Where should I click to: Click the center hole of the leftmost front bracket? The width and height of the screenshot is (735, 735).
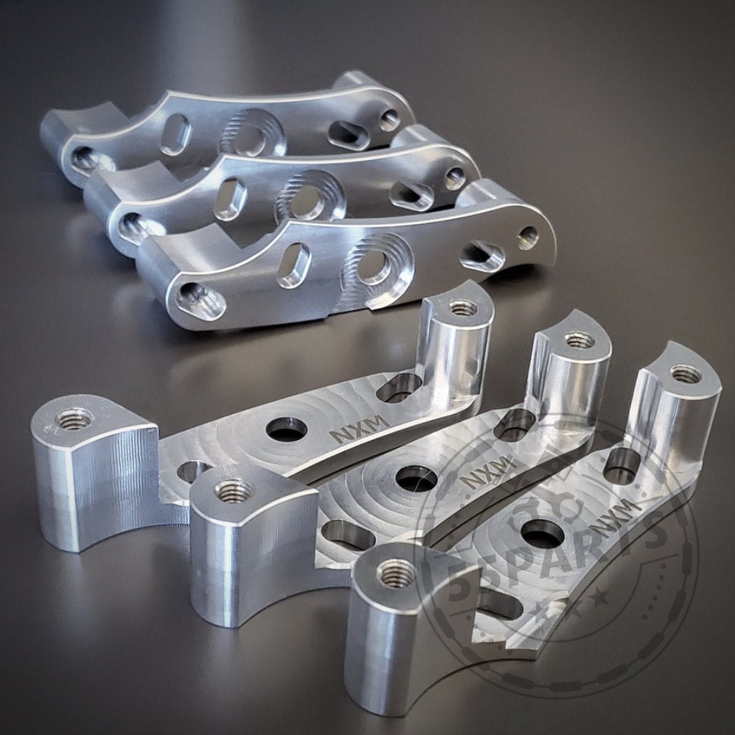coord(286,429)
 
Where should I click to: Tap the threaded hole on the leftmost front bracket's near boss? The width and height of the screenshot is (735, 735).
coord(75,417)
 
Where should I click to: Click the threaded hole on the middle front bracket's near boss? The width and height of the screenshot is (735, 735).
coord(234,491)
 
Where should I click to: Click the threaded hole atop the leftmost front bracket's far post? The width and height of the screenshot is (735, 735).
coord(462,308)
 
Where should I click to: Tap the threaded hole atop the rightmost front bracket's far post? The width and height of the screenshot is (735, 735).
coord(685,373)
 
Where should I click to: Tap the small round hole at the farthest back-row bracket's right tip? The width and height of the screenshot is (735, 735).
coord(390,119)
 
